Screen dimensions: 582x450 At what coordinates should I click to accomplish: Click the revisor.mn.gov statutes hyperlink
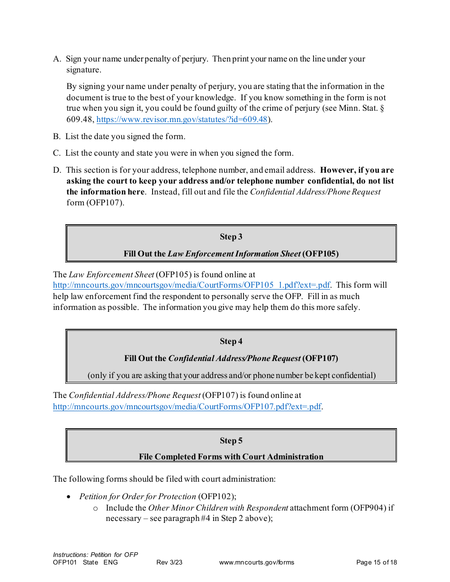tap(182, 119)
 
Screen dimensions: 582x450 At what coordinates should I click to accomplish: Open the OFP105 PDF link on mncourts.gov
tap(191, 285)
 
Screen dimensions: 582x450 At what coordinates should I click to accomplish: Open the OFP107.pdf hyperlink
tap(187, 406)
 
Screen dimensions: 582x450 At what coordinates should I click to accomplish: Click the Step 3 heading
tap(231, 237)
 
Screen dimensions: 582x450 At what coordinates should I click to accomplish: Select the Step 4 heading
tap(231, 341)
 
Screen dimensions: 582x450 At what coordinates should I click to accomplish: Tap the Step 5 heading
tap(231, 441)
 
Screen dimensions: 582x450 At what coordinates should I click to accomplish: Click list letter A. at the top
tap(57, 59)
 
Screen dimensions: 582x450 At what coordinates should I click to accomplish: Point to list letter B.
tap(57, 137)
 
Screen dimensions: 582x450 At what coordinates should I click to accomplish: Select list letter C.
tap(57, 153)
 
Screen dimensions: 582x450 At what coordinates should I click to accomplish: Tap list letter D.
tap(57, 170)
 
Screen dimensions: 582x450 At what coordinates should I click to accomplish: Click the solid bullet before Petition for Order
tap(69, 497)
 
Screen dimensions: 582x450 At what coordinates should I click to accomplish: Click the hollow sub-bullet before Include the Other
tap(95, 508)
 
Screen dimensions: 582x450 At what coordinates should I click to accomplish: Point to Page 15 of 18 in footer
tap(376, 563)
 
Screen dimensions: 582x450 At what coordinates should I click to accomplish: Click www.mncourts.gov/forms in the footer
tap(256, 563)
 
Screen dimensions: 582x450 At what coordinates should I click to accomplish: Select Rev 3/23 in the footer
tap(169, 563)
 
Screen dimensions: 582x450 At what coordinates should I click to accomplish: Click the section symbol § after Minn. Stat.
tap(382, 108)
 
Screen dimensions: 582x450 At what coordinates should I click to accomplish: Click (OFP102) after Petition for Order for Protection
tap(216, 496)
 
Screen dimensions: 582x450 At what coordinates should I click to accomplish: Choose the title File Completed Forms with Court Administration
tap(231, 457)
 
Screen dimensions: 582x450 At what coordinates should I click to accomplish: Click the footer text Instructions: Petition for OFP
tap(95, 555)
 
